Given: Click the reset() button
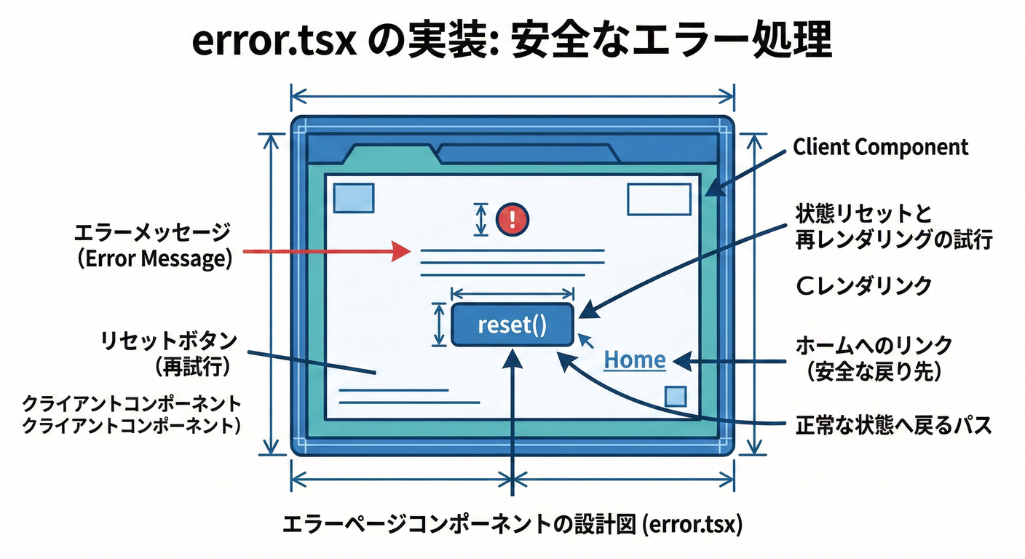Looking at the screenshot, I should click(x=512, y=325).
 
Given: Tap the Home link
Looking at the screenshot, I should click(x=635, y=360).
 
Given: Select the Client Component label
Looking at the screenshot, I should click(x=881, y=147).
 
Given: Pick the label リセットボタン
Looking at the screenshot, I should click(x=169, y=340).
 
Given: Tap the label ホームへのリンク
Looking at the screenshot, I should click(x=874, y=345).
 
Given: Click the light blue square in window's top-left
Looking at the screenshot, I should click(x=353, y=198).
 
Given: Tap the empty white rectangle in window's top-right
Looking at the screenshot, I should click(x=659, y=199).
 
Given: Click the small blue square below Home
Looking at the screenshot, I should click(x=676, y=396).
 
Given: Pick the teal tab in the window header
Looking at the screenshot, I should click(x=392, y=156).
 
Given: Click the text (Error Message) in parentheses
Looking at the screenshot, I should click(x=154, y=259).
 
